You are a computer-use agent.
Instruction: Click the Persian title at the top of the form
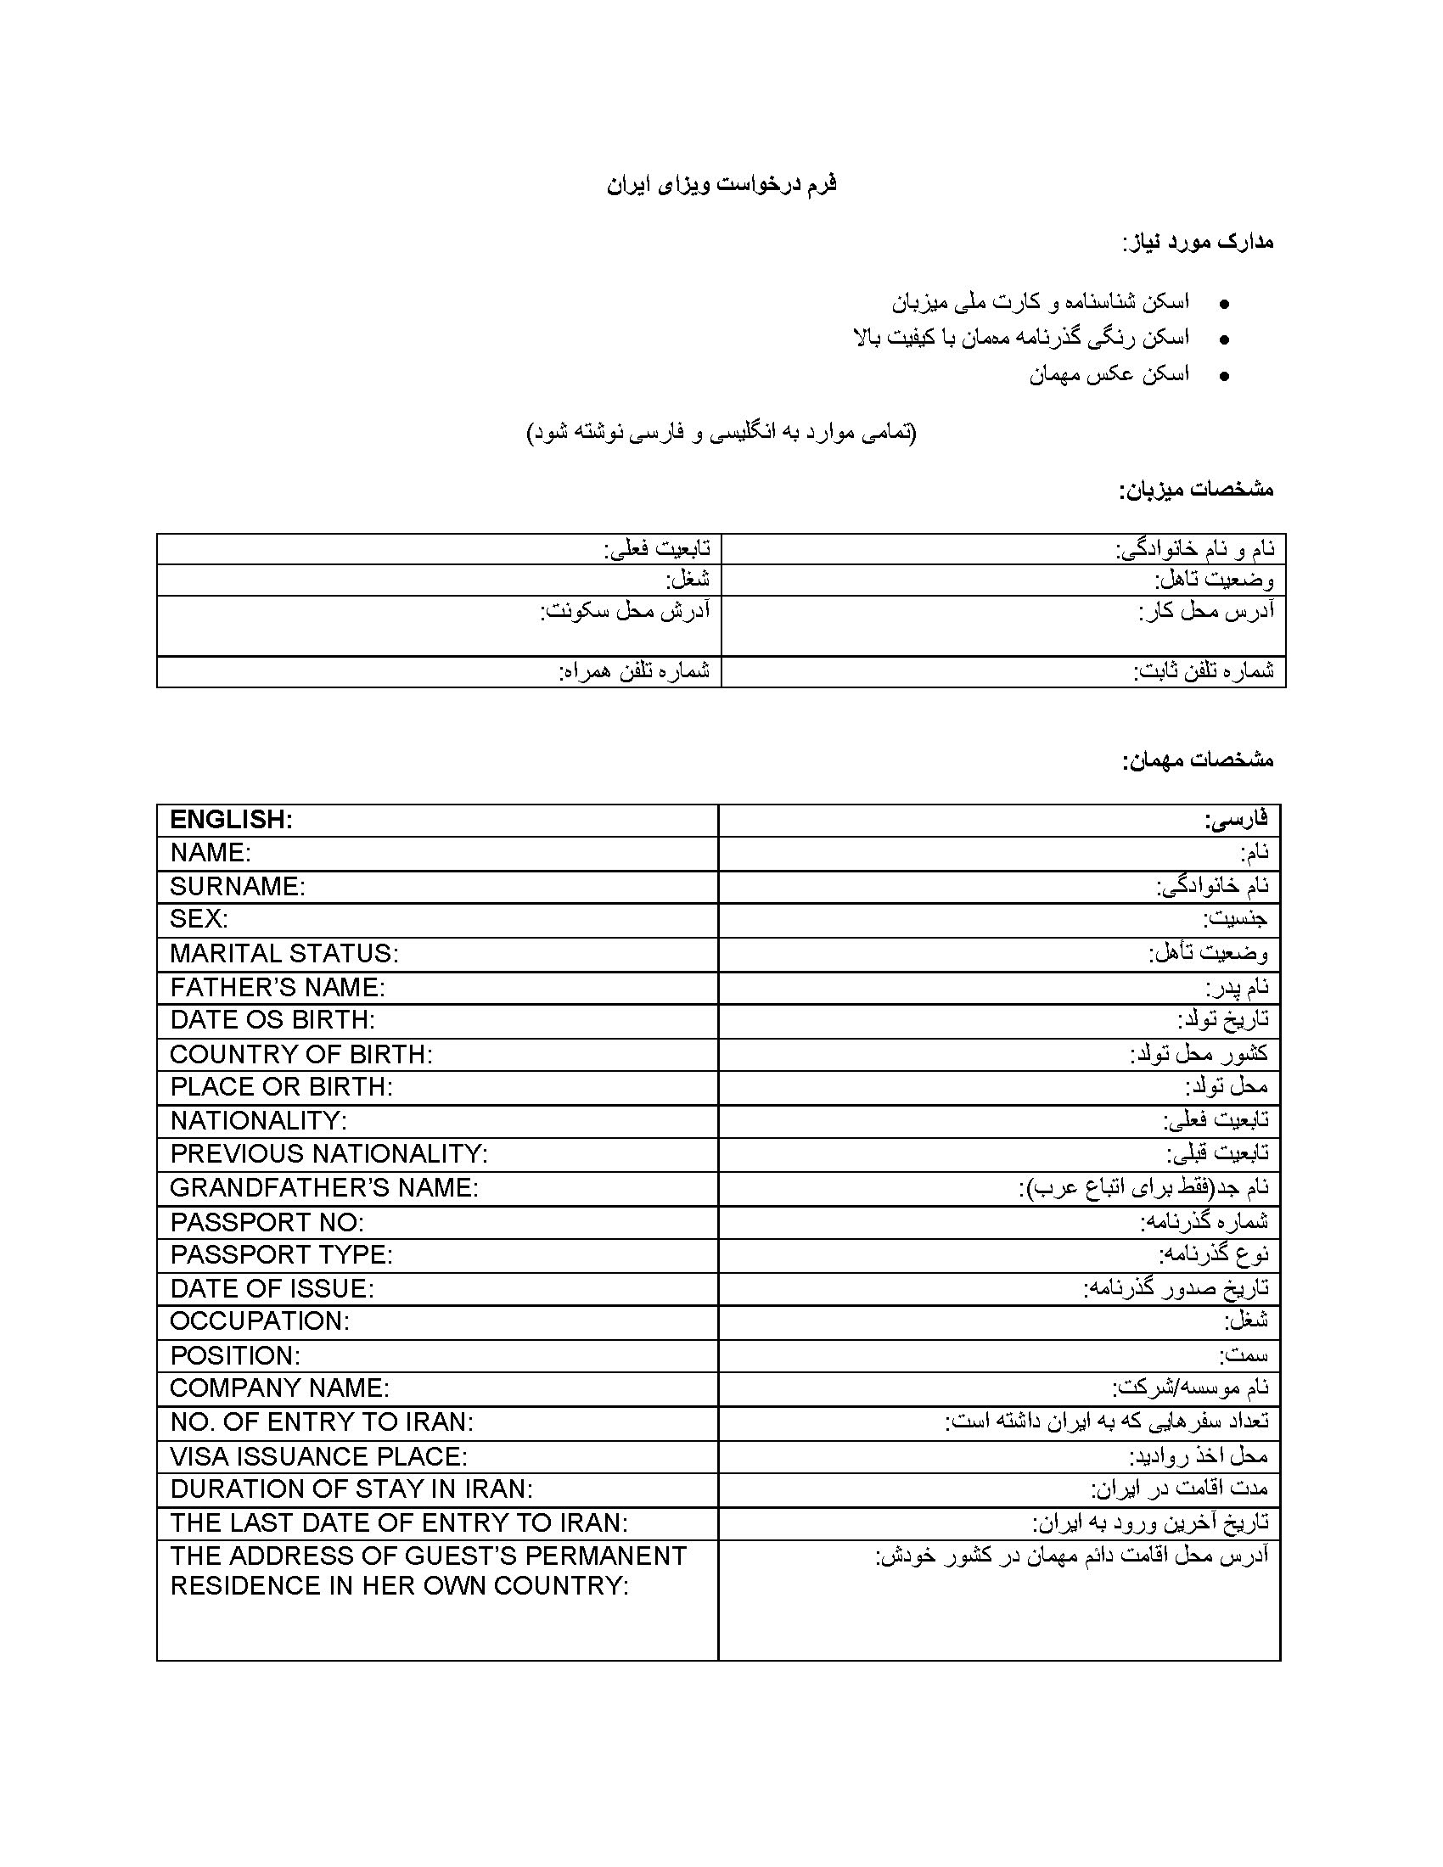coord(721,185)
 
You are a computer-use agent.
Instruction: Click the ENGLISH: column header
coord(231,820)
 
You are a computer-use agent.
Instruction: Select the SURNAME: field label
coord(237,887)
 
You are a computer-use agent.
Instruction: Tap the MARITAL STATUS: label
coord(284,953)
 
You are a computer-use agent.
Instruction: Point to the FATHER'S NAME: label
coord(277,987)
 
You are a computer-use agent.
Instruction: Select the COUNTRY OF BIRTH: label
coord(301,1054)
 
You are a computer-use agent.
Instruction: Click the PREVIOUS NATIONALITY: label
coord(328,1154)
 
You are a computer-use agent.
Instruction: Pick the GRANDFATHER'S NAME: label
coord(324,1187)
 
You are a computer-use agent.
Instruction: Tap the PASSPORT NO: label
coord(267,1222)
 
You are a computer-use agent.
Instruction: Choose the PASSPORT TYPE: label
coord(281,1255)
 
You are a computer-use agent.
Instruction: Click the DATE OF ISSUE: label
coord(272,1288)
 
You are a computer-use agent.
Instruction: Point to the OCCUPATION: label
coord(260,1320)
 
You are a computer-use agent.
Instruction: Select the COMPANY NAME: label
coord(279,1388)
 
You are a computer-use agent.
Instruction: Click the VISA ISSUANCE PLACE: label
coord(318,1455)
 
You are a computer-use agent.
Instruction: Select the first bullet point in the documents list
coord(1225,305)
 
